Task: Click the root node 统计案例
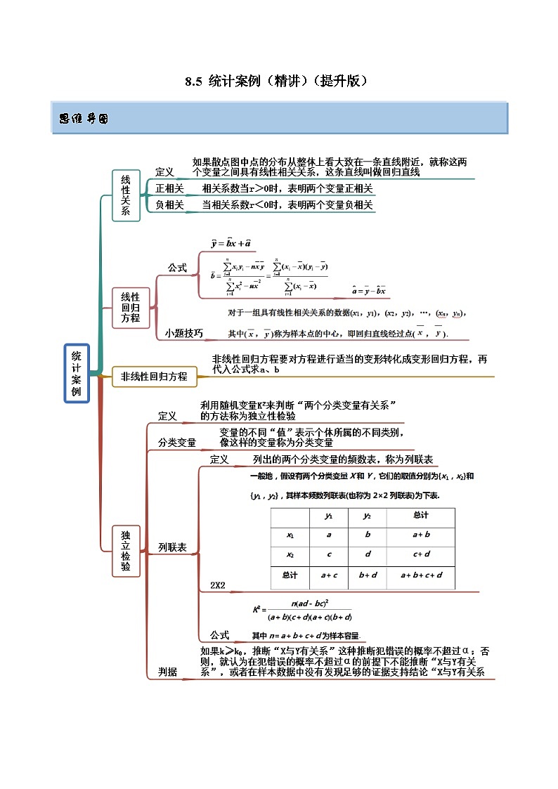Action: click(x=77, y=373)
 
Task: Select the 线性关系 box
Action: click(x=125, y=195)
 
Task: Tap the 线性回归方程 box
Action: click(x=131, y=308)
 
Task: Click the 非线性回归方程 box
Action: click(x=154, y=377)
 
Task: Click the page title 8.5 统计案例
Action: click(x=276, y=81)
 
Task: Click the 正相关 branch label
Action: click(x=169, y=188)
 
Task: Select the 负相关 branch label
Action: click(x=169, y=205)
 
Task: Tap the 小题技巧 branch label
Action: click(x=184, y=333)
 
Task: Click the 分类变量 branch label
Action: click(x=177, y=443)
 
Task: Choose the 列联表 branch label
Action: click(x=172, y=547)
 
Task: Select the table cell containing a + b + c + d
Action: click(x=421, y=575)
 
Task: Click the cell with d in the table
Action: click(x=368, y=554)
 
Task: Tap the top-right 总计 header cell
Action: click(x=421, y=516)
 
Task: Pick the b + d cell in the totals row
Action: click(x=368, y=575)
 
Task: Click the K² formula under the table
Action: click(x=302, y=609)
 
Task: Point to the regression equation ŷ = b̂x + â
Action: click(x=231, y=243)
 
